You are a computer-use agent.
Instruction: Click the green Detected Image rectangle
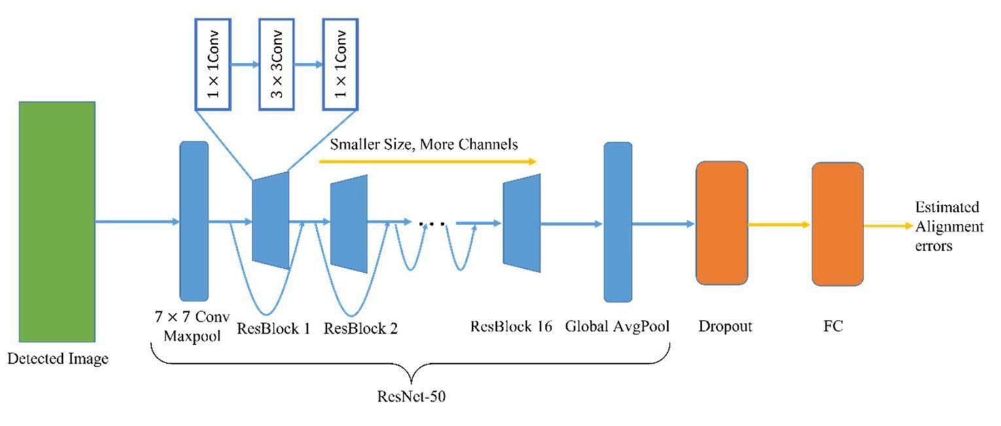58,222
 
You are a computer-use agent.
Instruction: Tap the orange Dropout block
721,222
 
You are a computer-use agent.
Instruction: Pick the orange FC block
837,224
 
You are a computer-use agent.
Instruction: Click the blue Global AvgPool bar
617,222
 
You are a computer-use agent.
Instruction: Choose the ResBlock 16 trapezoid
522,222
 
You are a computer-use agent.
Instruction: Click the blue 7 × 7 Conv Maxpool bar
194,221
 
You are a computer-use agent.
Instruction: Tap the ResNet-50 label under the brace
412,397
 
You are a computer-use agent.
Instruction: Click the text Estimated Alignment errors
949,226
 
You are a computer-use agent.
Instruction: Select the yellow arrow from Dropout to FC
779,224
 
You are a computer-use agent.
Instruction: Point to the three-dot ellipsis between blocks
433,224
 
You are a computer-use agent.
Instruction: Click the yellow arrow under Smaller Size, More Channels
427,161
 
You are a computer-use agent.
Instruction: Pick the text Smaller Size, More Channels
424,144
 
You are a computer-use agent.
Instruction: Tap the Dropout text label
725,326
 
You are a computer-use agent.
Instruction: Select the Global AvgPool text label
617,326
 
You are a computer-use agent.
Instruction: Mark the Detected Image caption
58,359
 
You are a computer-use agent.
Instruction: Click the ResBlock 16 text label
511,325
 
